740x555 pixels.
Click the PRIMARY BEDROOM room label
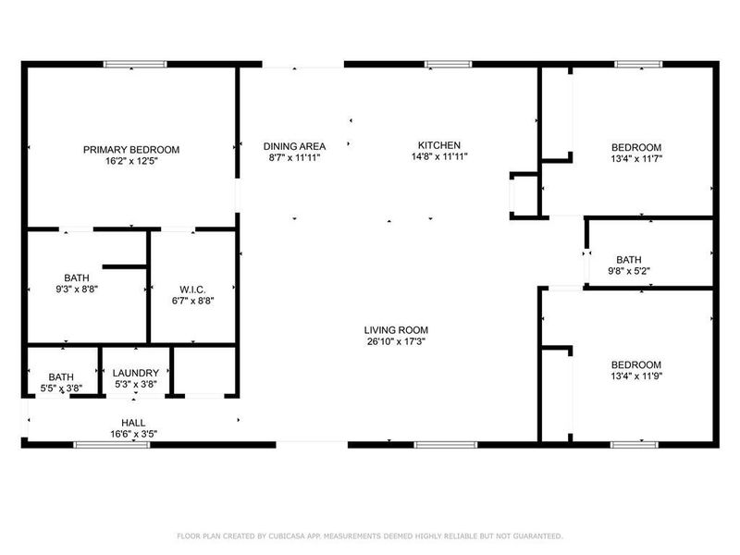click(x=131, y=149)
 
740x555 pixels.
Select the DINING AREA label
click(x=294, y=146)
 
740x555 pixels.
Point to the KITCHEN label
click(x=439, y=145)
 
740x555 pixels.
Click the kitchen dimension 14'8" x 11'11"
click(x=439, y=157)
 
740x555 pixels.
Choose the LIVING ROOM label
click(x=396, y=330)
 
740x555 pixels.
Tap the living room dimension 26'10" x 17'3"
click(x=396, y=341)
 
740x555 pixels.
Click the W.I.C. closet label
click(x=193, y=289)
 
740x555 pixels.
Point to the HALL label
click(x=133, y=422)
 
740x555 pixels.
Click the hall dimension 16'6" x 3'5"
click(x=133, y=433)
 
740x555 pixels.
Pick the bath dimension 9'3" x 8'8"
click(x=77, y=290)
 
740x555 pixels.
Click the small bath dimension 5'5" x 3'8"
click(x=62, y=388)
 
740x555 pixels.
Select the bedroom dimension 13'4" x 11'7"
click(x=636, y=159)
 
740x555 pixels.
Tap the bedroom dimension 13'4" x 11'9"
click(x=636, y=376)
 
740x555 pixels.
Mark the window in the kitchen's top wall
click(x=448, y=64)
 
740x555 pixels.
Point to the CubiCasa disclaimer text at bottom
click(x=370, y=536)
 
